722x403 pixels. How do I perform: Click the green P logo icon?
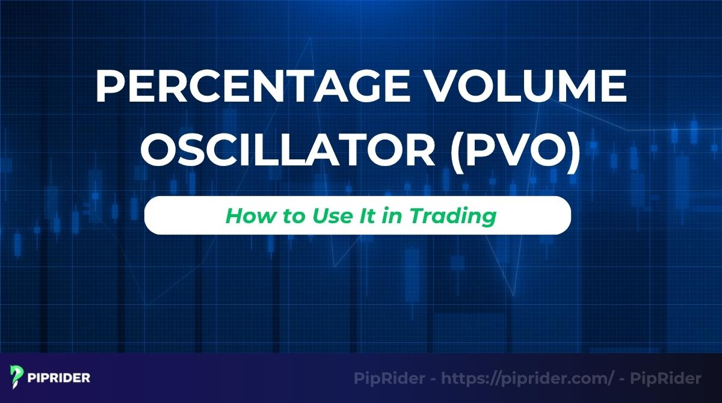[17, 378]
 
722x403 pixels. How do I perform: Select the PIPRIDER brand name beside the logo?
[59, 378]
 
